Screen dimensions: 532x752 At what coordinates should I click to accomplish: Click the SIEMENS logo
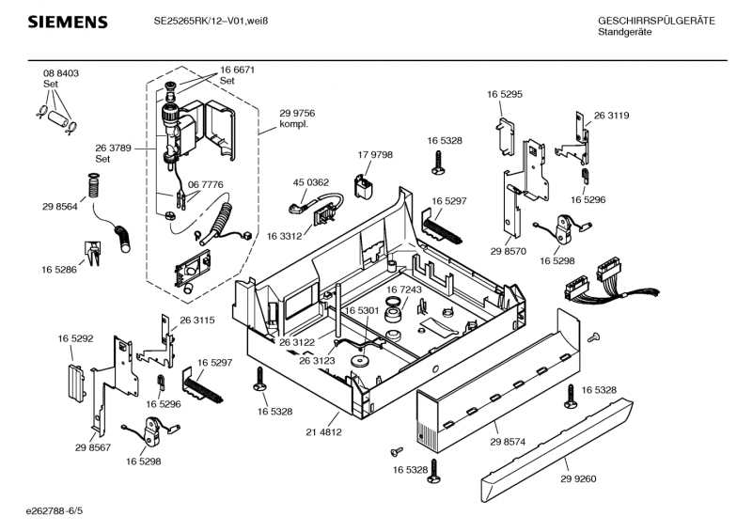[x=67, y=22]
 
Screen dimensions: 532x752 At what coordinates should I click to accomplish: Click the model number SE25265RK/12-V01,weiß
[x=213, y=22]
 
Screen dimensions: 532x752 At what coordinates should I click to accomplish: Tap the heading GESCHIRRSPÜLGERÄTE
[x=656, y=22]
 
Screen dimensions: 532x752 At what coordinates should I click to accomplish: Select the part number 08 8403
[x=60, y=73]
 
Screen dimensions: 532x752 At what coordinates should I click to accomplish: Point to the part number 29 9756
[x=297, y=113]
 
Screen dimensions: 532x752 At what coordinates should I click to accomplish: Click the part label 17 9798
[x=375, y=154]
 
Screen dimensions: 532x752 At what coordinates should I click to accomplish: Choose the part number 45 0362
[x=311, y=182]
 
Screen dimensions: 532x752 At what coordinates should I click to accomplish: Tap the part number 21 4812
[x=324, y=432]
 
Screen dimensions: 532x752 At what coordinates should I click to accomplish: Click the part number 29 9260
[x=579, y=478]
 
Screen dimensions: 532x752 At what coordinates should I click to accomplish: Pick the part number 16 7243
[x=404, y=289]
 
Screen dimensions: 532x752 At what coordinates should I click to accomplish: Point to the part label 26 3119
[x=611, y=116]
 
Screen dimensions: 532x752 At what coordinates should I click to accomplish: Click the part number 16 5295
[x=505, y=94]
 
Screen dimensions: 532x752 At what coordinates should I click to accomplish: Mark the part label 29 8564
[x=59, y=206]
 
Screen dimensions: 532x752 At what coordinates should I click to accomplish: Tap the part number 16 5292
[x=75, y=337]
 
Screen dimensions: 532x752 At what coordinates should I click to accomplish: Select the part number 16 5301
[x=361, y=310]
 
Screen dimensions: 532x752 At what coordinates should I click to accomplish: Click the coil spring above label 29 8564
[x=93, y=184]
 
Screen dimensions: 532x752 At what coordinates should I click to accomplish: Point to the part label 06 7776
[x=205, y=185]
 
